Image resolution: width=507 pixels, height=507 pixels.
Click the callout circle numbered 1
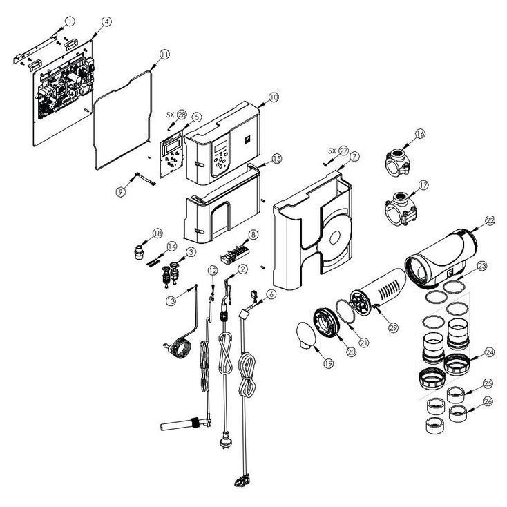click(x=70, y=21)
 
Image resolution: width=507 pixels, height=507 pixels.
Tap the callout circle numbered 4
click(x=106, y=21)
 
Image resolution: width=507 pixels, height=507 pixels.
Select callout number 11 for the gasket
click(x=164, y=55)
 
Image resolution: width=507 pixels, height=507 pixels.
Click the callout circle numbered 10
click(x=274, y=97)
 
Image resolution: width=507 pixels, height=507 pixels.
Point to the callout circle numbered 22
click(x=490, y=220)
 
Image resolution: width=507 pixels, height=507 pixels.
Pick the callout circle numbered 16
click(x=421, y=133)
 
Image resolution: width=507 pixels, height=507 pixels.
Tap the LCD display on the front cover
click(x=221, y=146)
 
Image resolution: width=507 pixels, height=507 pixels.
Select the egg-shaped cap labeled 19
click(x=306, y=335)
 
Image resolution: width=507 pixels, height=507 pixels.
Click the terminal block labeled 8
click(x=234, y=254)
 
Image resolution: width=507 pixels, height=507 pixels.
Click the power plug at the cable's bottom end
click(x=224, y=441)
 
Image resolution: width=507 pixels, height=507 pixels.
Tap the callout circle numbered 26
click(x=488, y=401)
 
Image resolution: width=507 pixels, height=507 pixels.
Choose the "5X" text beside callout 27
click(x=332, y=151)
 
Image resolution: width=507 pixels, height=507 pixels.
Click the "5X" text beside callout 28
click(x=171, y=115)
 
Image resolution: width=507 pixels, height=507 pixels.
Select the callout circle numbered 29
click(x=393, y=328)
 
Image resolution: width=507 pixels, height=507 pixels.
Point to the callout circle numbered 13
click(x=171, y=301)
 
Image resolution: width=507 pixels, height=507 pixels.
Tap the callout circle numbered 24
click(x=490, y=352)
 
